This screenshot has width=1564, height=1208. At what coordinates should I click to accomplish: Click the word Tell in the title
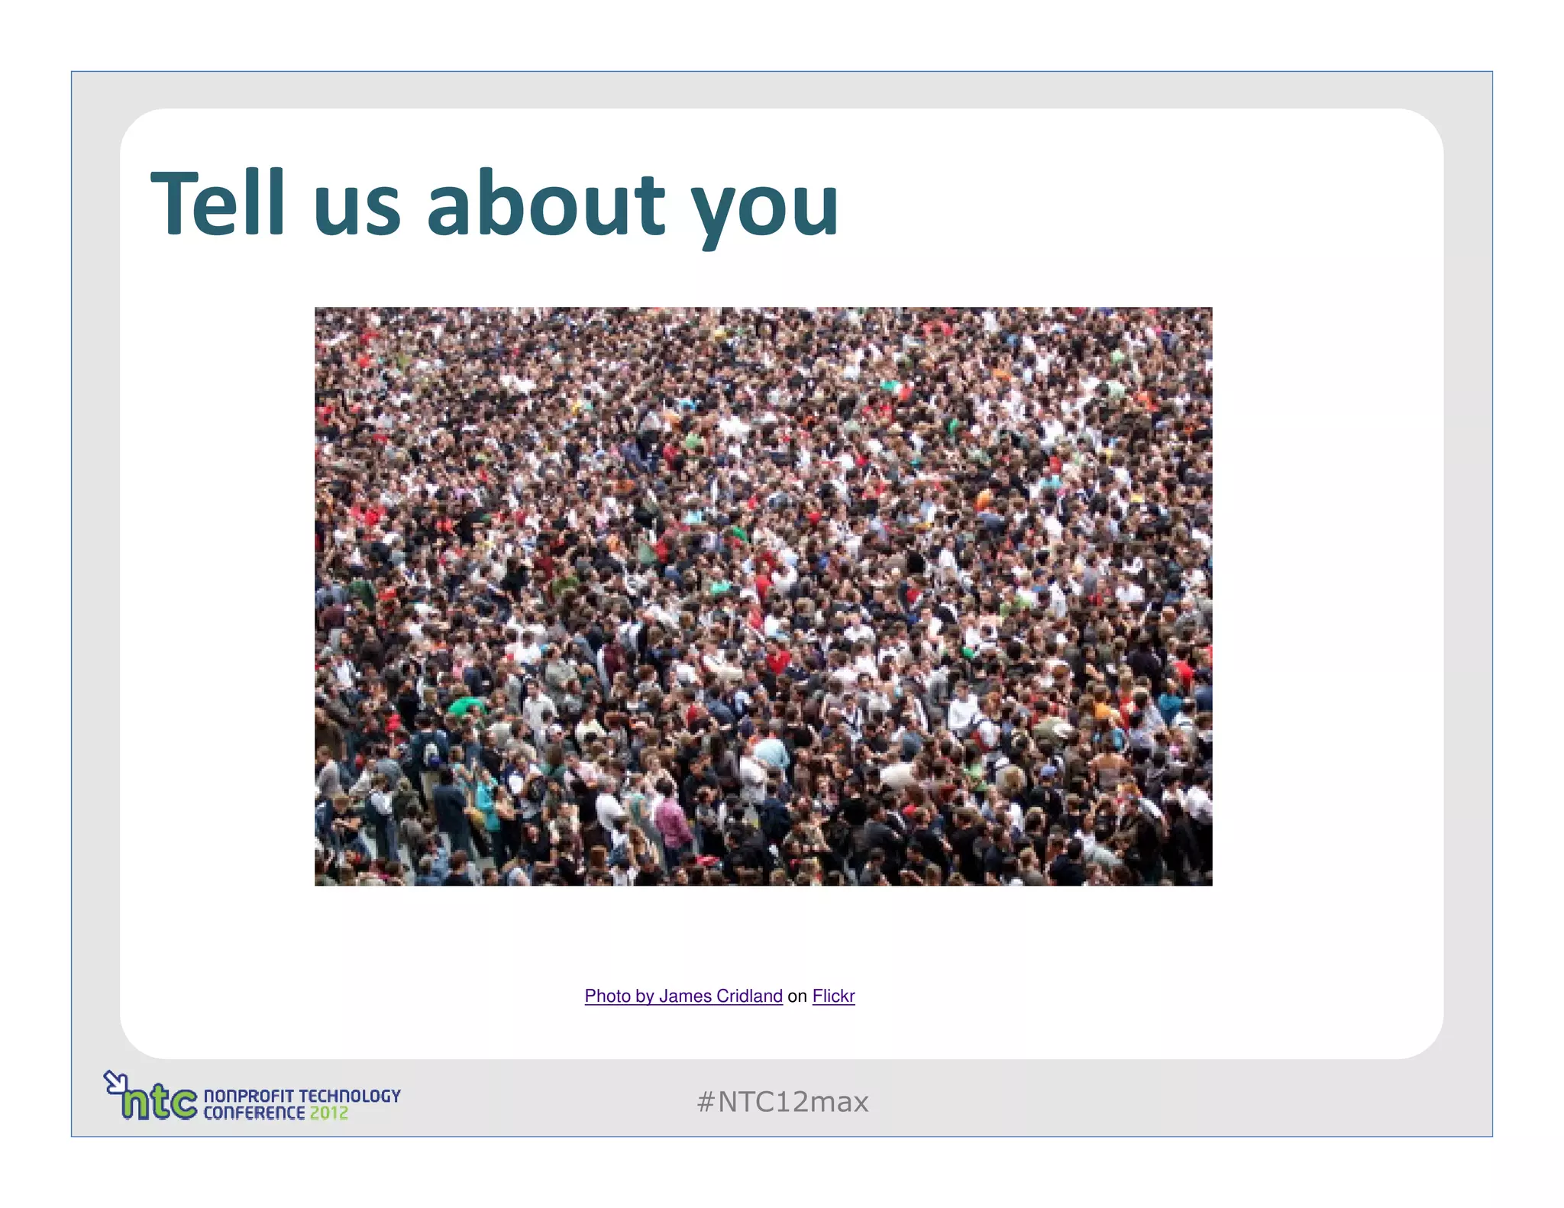tap(218, 203)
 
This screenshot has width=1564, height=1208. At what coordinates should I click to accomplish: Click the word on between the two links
tap(797, 996)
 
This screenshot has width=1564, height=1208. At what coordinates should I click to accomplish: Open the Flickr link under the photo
tap(833, 996)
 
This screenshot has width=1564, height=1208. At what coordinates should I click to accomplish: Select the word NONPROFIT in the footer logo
tap(248, 1096)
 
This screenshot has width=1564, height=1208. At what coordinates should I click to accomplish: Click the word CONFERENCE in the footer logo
tap(254, 1113)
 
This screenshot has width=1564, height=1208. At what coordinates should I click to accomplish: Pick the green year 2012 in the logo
tap(329, 1113)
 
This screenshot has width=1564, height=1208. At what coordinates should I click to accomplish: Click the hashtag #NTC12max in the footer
tap(783, 1102)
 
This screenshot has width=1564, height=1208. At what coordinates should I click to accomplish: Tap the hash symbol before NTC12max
tap(705, 1102)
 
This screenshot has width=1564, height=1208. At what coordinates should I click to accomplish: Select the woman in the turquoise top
tap(486, 802)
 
